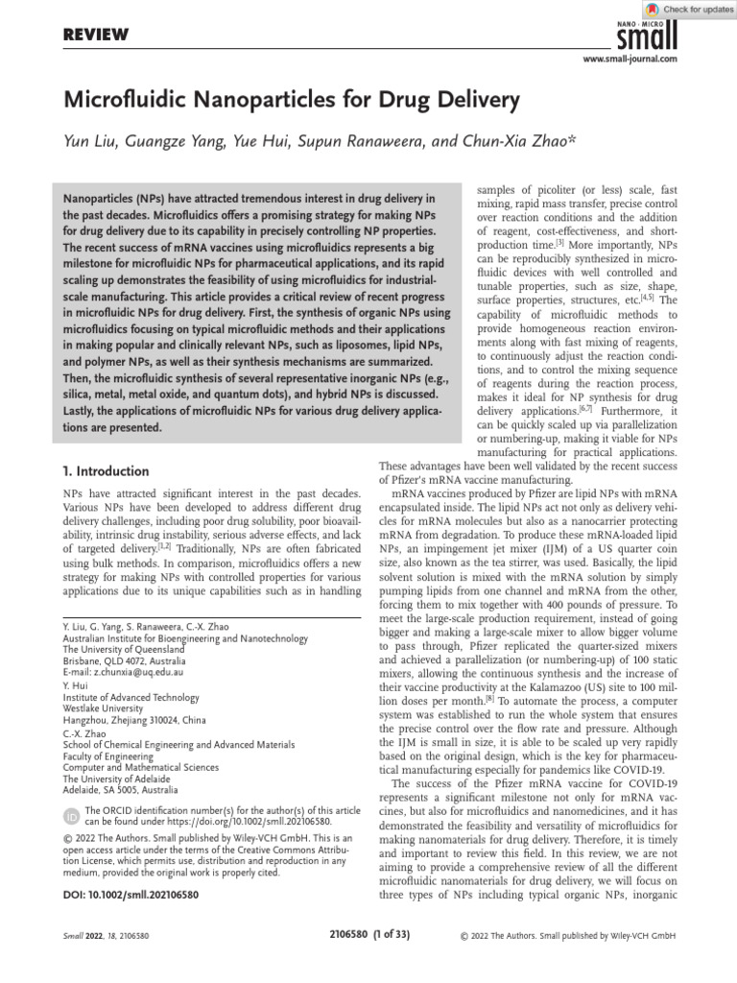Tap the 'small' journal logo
648,36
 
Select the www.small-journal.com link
630,59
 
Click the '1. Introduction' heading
105,471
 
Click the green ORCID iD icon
71,816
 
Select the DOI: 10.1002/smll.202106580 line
131,893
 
